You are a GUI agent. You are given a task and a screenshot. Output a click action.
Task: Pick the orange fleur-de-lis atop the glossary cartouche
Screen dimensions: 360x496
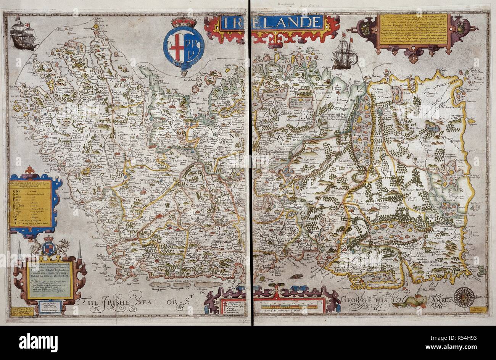[29, 170]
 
